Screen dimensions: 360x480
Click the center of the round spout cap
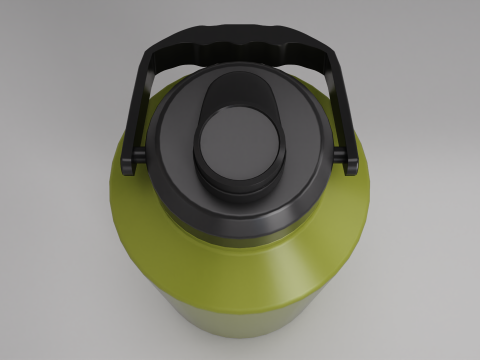point(237,143)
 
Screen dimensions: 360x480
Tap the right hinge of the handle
point(349,160)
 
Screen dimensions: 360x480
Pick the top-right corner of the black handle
point(326,50)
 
